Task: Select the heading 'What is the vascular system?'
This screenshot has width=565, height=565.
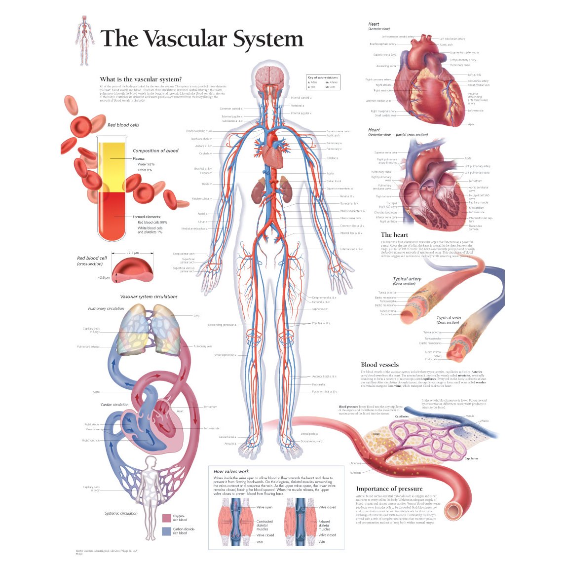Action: (141, 79)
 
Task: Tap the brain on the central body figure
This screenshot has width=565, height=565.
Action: (268, 75)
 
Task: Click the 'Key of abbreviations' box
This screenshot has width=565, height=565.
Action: (323, 82)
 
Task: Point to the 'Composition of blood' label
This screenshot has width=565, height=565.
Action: (155, 151)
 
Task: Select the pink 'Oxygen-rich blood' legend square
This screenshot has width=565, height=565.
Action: (166, 518)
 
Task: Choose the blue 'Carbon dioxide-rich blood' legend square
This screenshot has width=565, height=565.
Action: (166, 531)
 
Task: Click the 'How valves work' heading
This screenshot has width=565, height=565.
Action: (231, 471)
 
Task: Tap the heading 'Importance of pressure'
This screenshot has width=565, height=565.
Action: (389, 489)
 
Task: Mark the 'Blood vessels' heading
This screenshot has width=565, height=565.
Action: (379, 365)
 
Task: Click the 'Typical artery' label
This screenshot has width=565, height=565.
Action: (407, 279)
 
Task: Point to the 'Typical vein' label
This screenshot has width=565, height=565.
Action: (449, 318)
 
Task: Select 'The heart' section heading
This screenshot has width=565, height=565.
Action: (394, 235)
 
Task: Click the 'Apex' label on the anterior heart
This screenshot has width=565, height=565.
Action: (471, 124)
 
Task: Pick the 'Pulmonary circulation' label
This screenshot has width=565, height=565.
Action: (106, 308)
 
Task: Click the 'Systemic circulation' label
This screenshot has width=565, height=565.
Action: (121, 513)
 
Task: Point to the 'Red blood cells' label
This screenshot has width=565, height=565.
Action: (123, 125)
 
